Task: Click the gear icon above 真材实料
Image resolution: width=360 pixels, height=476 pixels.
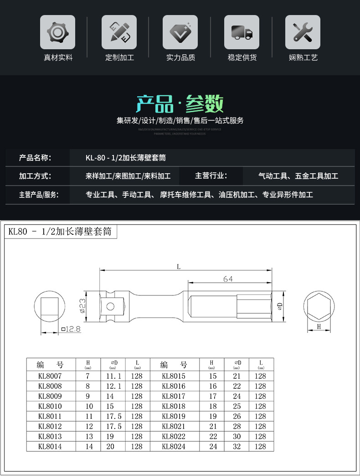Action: click(x=57, y=32)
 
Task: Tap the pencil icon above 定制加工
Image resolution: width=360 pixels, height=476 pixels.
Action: click(x=119, y=32)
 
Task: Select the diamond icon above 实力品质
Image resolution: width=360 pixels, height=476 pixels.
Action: click(x=180, y=32)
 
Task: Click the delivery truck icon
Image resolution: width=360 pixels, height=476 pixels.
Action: click(x=242, y=32)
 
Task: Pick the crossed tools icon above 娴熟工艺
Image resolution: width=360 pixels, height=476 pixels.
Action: click(x=303, y=32)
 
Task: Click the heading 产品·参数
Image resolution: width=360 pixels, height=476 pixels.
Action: click(x=180, y=104)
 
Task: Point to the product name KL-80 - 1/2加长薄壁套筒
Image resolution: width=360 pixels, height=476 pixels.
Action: click(x=125, y=158)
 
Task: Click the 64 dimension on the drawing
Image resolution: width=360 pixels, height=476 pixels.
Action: click(x=228, y=279)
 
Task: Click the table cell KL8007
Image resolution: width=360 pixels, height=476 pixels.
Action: click(x=50, y=376)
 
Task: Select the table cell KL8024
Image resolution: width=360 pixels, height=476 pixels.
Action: click(x=174, y=446)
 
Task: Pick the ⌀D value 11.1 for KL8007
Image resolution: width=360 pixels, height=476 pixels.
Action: click(x=113, y=376)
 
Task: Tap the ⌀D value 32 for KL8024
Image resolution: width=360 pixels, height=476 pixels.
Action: click(x=237, y=446)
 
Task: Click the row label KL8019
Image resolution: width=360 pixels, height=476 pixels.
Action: click(x=174, y=416)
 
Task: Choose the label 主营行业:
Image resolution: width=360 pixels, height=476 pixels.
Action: click(x=211, y=176)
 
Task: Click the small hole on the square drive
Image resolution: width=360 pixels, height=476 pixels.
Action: click(x=111, y=305)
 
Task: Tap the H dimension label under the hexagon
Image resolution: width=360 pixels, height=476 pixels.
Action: click(x=319, y=327)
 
